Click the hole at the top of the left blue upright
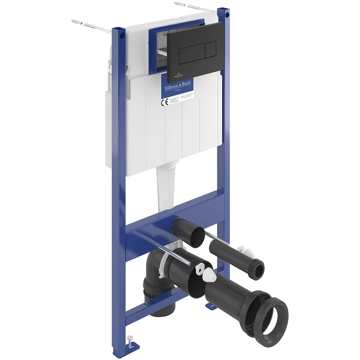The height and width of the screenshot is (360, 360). click(121, 36)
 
